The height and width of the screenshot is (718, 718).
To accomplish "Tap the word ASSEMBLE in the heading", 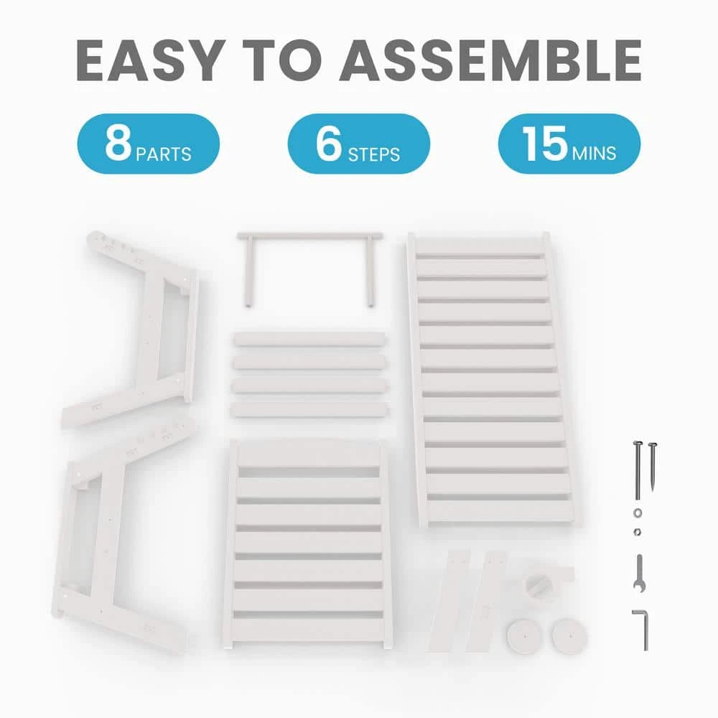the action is (x=490, y=60).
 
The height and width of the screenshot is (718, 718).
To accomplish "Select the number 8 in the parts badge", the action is (x=118, y=142).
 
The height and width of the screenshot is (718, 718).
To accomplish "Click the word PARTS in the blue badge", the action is (x=164, y=154).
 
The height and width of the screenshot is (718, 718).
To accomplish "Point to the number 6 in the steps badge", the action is (x=329, y=143).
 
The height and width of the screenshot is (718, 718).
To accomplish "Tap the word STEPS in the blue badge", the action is (x=373, y=155).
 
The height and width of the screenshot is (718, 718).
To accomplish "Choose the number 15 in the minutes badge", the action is (x=545, y=143).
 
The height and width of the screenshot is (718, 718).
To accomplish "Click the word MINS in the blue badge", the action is (x=594, y=154).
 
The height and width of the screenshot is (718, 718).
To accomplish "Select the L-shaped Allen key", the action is (x=643, y=630).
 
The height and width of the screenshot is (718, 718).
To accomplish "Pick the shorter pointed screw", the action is (x=653, y=466).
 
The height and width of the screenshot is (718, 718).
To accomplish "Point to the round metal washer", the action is (x=638, y=513).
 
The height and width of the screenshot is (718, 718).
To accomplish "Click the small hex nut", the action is (x=637, y=532).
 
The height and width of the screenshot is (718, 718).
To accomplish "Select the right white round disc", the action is (x=569, y=635).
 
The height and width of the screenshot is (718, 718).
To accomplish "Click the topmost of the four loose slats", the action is (x=309, y=340).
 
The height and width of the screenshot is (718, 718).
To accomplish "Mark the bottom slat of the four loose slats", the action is (x=309, y=409).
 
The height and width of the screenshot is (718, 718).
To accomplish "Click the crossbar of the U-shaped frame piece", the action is (x=309, y=236).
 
